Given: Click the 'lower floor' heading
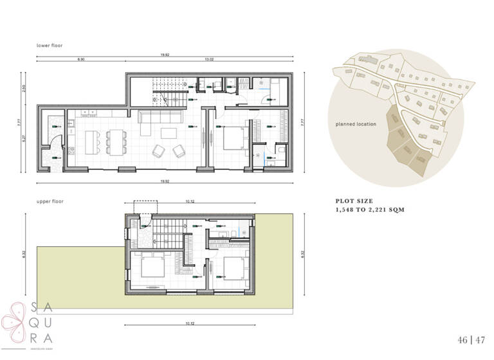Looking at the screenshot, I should click(50, 46).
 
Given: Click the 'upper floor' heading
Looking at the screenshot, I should click(50, 201).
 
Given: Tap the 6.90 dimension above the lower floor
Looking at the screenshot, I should click(81, 59).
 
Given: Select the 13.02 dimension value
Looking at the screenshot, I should click(209, 59).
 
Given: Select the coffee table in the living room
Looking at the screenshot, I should click(169, 133).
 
